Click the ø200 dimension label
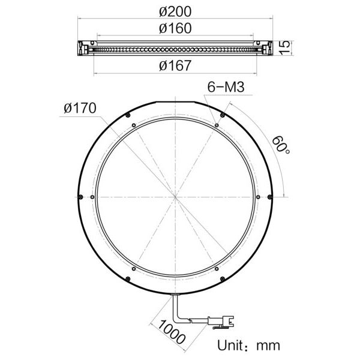175,12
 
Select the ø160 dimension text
175,28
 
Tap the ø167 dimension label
175,65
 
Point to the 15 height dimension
284,47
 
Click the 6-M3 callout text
226,87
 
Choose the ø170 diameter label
80,108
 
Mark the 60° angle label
281,145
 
